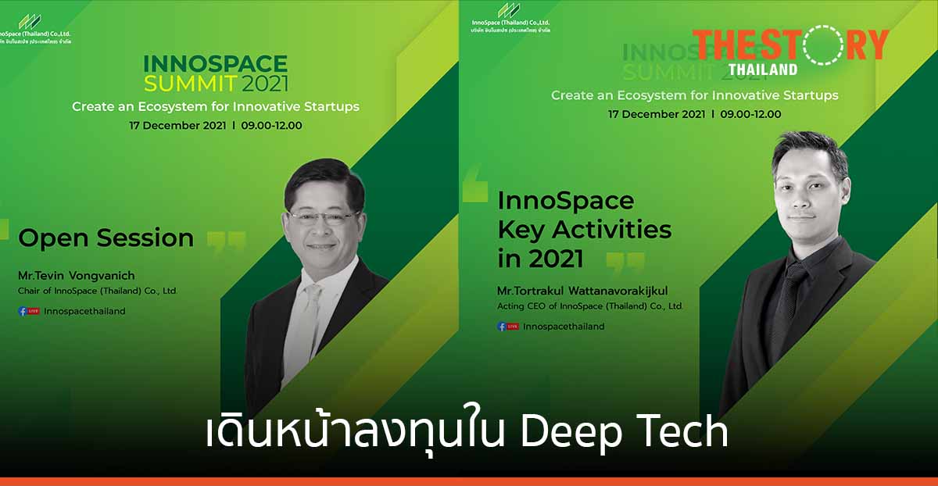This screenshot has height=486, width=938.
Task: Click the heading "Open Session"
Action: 106,238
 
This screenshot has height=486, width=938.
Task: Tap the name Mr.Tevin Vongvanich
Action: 77,276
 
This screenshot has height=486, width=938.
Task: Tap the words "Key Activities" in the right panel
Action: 584,229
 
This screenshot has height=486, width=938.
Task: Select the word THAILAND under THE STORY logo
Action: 763,69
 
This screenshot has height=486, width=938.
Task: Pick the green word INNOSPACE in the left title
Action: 215,63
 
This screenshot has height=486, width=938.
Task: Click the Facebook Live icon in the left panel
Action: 29,311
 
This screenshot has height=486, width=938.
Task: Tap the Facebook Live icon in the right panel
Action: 508,327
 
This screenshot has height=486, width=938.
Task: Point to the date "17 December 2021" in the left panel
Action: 177,125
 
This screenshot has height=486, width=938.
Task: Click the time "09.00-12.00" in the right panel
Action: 750,114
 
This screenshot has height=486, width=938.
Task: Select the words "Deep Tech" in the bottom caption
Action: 625,433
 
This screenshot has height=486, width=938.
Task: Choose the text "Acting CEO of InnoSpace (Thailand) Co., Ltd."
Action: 590,306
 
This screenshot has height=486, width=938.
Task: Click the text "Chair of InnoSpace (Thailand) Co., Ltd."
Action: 98,291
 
